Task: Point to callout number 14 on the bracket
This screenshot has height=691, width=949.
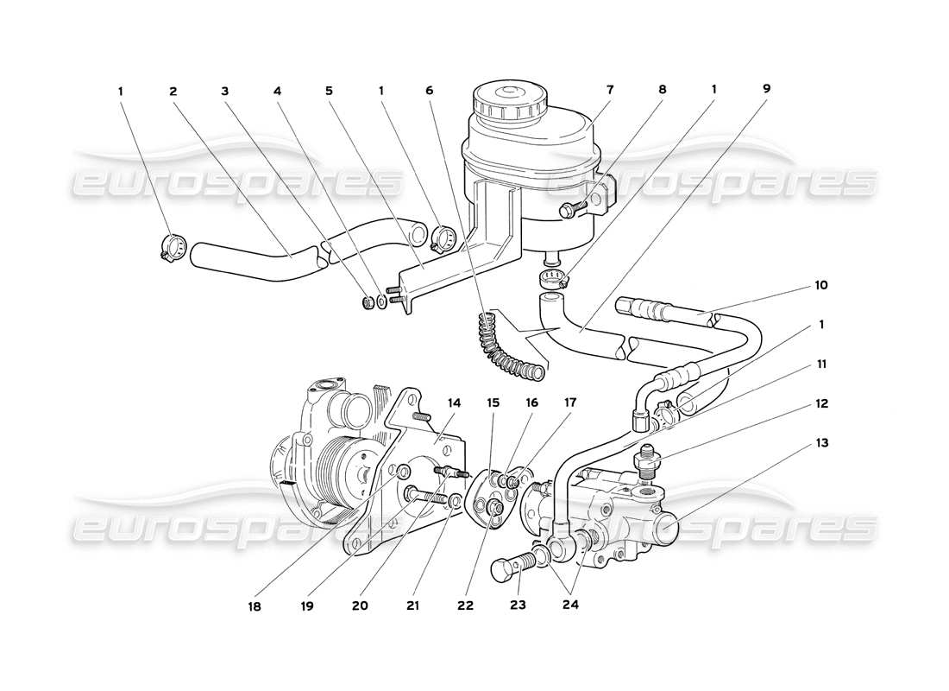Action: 455,403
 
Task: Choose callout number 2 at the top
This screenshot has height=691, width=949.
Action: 173,89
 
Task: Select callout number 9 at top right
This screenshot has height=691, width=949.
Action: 767,89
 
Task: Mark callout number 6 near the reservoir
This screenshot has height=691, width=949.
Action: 429,89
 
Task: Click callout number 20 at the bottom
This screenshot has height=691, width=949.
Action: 360,605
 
